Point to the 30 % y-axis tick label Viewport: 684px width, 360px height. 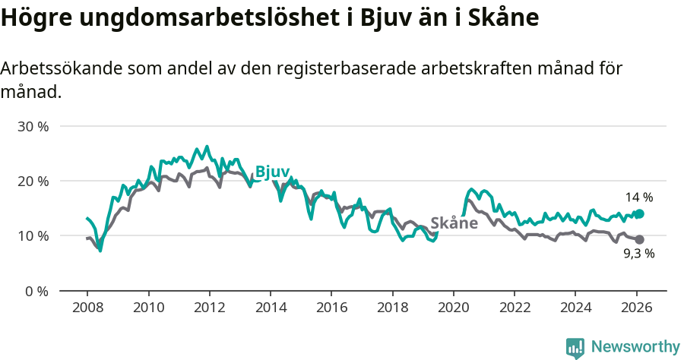(33, 127)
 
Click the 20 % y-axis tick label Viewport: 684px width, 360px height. (33, 182)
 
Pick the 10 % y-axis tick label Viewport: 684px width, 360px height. (33, 236)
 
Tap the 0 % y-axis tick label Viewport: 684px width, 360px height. (36, 291)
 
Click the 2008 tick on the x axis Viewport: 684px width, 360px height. (87, 308)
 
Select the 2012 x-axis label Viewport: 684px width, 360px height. (209, 308)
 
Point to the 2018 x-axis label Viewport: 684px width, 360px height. (392, 308)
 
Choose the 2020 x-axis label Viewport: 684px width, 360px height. (453, 308)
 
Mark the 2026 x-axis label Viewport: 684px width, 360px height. (636, 308)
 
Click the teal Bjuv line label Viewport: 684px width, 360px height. (272, 172)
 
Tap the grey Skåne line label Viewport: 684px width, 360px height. (454, 223)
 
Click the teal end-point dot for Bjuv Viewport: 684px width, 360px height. (639, 214)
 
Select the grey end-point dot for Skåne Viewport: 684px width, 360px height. (639, 240)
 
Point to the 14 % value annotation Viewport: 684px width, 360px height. (639, 197)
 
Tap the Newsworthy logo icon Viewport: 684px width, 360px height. (575, 348)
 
